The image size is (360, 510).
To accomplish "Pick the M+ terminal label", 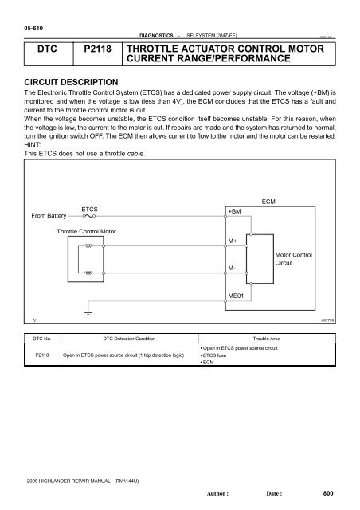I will coord(233,240).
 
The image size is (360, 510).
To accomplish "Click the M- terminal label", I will coord(232,269).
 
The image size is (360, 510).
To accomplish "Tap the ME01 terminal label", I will coord(237,294).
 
